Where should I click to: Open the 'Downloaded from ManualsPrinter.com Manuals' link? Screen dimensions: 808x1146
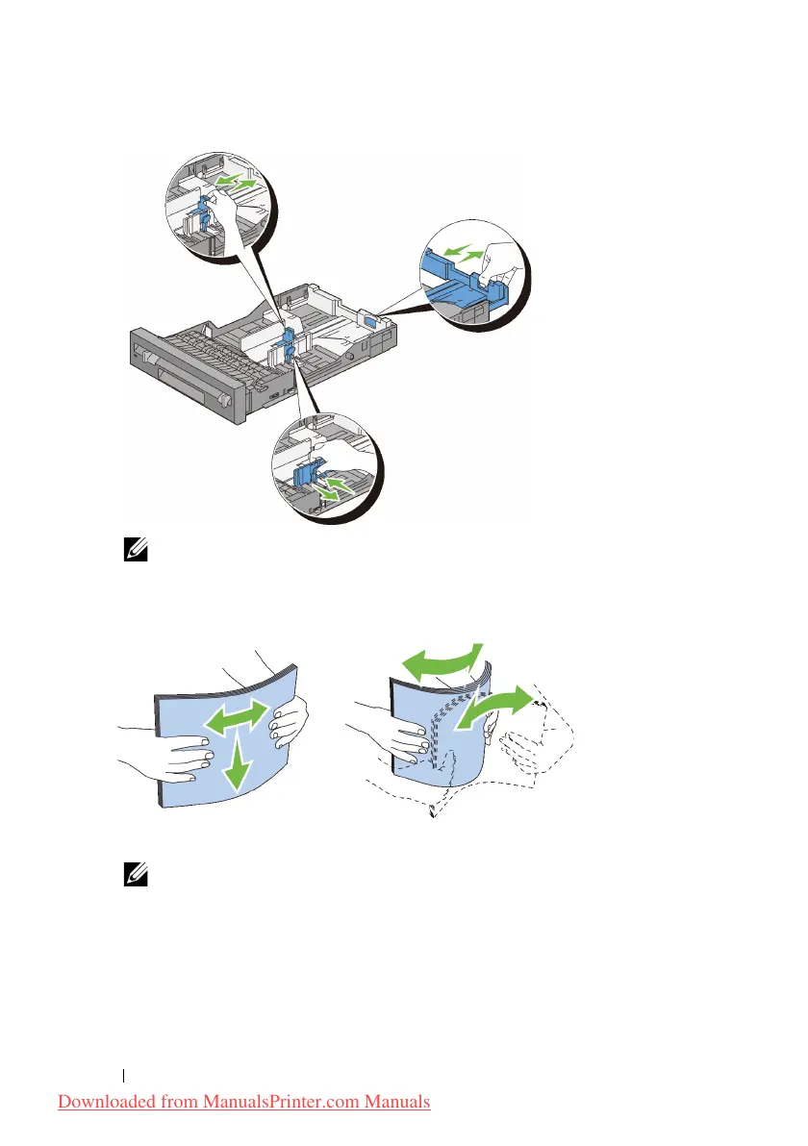pyautogui.click(x=244, y=1101)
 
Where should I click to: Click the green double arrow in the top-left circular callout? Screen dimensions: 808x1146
pyautogui.click(x=237, y=181)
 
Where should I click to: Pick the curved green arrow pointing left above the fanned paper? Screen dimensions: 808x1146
pyautogui.click(x=440, y=663)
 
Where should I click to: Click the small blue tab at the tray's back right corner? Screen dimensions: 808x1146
pyautogui.click(x=372, y=318)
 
